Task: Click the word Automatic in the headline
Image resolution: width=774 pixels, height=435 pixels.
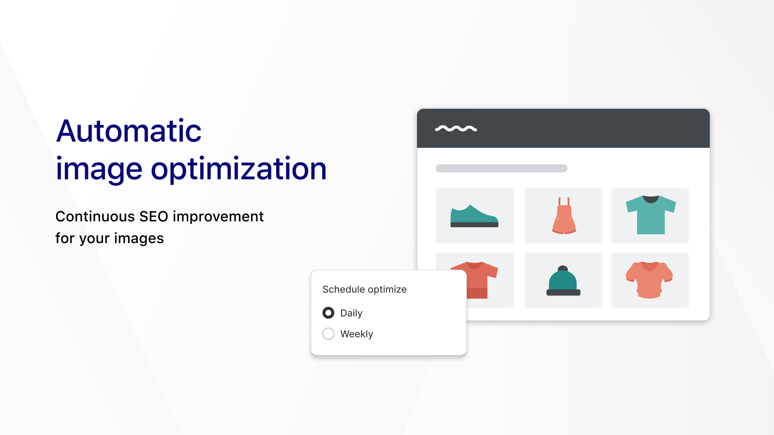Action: coord(129,131)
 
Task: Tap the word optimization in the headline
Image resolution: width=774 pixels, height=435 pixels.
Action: coord(238,169)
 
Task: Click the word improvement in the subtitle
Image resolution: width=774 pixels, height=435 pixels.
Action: coord(218,217)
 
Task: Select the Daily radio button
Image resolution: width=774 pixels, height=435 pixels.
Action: coord(328,313)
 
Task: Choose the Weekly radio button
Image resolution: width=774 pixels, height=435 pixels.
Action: coord(328,333)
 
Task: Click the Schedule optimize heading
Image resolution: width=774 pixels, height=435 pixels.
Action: coord(364,289)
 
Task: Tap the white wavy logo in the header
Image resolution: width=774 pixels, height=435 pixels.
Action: coord(456,129)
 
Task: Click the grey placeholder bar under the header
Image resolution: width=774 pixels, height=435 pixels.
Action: coord(501,168)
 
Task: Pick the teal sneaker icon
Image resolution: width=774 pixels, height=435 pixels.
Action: coord(474,216)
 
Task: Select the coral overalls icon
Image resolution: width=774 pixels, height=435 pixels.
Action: coord(564,216)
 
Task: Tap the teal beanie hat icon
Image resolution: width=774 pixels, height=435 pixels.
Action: coord(563,281)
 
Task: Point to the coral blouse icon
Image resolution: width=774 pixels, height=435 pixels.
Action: coord(649,280)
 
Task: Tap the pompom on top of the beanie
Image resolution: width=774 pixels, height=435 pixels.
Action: coord(563,268)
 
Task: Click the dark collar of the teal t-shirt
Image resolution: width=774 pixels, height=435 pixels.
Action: coord(651,199)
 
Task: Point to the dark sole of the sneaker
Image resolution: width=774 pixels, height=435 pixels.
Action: coord(474,224)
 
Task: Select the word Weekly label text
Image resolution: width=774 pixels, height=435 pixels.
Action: coord(357,334)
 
